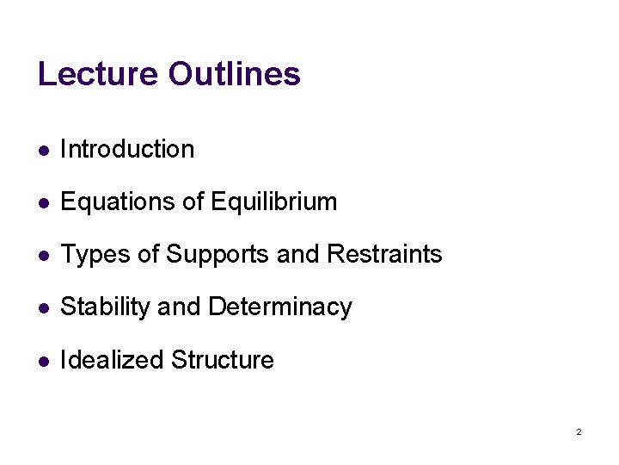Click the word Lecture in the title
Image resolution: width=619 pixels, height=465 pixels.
click(98, 74)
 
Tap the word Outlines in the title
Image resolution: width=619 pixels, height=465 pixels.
click(234, 74)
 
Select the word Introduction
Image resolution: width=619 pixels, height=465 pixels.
click(127, 149)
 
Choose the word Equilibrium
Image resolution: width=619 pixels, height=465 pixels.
click(273, 202)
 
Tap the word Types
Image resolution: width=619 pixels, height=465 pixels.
click(92, 255)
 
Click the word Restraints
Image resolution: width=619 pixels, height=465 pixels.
click(384, 255)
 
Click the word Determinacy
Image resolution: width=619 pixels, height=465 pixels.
click(280, 307)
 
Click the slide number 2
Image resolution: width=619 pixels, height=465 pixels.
click(579, 431)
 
